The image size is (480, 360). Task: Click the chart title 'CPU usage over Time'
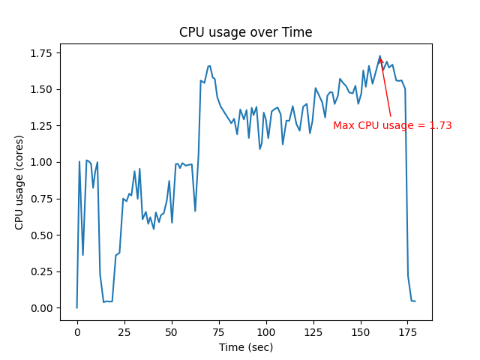245,32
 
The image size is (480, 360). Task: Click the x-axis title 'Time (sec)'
245,347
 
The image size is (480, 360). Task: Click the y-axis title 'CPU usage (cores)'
19,181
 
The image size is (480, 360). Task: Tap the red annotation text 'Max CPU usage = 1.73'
392,125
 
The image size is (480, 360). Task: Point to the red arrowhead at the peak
381,61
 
